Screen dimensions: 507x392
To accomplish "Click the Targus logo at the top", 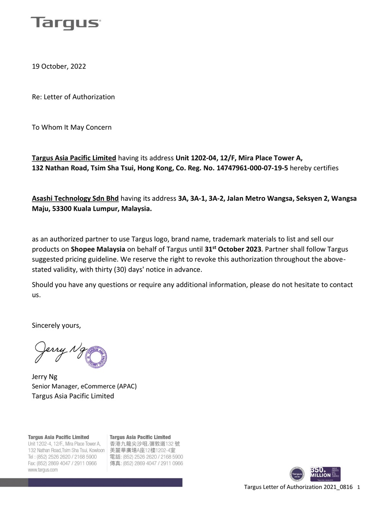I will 65,23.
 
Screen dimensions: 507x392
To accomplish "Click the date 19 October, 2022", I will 59,66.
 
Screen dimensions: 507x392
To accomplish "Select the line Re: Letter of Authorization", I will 73,97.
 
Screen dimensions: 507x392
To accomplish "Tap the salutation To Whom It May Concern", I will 72,127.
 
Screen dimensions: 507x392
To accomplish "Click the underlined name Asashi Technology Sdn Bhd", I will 75,198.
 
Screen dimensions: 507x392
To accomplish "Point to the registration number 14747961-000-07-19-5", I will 252,168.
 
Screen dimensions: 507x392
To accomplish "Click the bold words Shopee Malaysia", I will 98,249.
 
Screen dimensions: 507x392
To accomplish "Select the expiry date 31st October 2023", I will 233,249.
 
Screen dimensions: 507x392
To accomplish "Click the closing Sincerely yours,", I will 56,326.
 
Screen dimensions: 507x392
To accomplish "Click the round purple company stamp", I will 96,357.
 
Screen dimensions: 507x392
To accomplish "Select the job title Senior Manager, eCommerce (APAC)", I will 84,386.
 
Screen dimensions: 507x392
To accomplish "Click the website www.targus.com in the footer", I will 43,470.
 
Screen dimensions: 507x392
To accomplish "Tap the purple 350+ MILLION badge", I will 325,474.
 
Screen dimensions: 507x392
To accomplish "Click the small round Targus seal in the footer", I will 297,474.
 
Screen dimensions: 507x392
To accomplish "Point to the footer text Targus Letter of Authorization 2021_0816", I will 298,487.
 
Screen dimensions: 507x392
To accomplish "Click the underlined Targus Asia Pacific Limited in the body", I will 74,158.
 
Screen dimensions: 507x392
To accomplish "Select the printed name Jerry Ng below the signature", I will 44,377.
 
